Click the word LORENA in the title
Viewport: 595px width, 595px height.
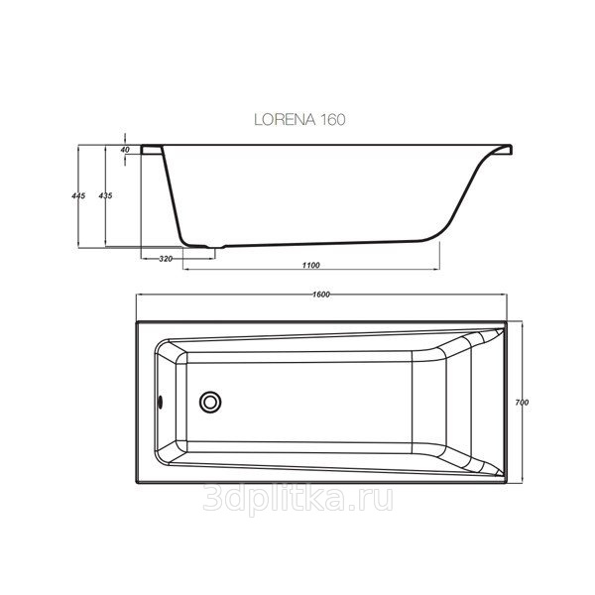point(285,120)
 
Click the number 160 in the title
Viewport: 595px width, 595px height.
point(333,120)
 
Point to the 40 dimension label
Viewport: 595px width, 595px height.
point(125,150)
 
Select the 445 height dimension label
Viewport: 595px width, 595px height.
point(78,195)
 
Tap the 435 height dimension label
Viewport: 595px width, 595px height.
point(105,195)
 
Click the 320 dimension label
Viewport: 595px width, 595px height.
point(166,259)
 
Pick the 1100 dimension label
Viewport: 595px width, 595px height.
point(310,265)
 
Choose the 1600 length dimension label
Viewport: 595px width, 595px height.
point(321,295)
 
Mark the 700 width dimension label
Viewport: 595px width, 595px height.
point(522,403)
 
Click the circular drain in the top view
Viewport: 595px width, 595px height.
point(210,402)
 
